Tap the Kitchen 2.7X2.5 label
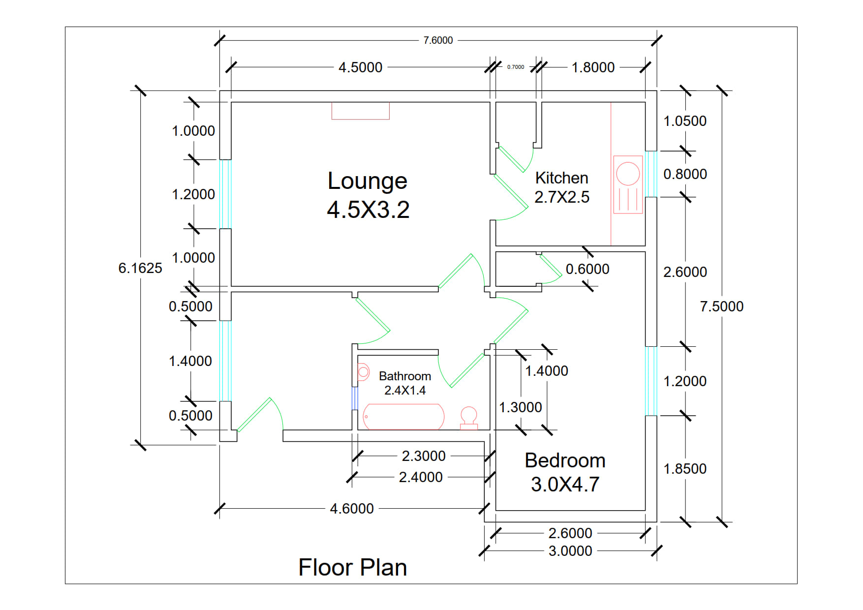(x=562, y=187)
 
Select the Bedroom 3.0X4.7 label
(x=565, y=472)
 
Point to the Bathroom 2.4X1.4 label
(x=405, y=383)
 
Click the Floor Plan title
(x=352, y=567)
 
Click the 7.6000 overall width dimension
(x=438, y=40)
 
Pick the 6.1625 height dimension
(x=140, y=268)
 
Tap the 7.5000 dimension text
(x=721, y=306)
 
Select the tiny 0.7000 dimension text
(x=516, y=67)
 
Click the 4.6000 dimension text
(x=352, y=509)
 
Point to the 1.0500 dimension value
(x=685, y=121)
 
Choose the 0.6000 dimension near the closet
(x=587, y=269)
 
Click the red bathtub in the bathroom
(x=403, y=417)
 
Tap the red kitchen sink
(x=628, y=184)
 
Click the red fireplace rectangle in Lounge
(x=360, y=111)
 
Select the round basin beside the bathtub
(x=469, y=417)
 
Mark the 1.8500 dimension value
(x=685, y=469)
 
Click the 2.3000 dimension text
(x=424, y=456)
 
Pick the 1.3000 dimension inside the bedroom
(x=520, y=407)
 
